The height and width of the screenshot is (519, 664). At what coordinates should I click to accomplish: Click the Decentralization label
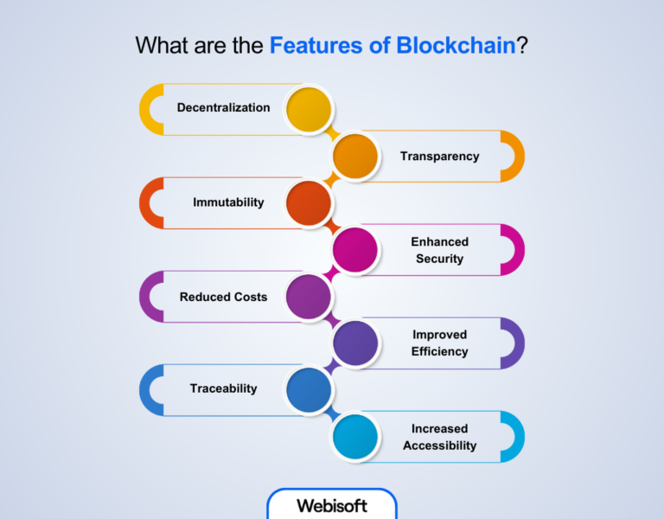click(223, 108)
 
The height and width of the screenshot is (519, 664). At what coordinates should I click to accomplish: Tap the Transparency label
click(439, 157)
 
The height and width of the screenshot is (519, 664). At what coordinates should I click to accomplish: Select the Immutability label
click(228, 202)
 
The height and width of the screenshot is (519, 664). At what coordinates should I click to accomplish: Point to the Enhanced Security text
click(439, 250)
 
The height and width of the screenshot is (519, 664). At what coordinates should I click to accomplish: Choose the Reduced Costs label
click(223, 297)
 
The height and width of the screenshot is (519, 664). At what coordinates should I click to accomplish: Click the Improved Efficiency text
click(440, 343)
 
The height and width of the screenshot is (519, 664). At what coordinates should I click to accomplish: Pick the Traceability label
click(223, 389)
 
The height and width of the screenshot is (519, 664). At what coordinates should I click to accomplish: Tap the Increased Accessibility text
click(439, 437)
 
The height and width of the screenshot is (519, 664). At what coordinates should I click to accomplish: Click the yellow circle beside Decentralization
click(309, 109)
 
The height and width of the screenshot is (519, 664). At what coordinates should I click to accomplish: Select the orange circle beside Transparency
click(355, 156)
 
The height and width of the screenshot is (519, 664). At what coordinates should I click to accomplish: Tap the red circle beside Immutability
click(309, 202)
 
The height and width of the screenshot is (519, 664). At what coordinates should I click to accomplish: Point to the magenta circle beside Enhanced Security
click(355, 249)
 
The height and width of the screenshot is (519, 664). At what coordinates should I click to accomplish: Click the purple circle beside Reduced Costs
click(309, 296)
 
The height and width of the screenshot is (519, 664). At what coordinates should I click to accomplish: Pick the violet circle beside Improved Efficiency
click(355, 343)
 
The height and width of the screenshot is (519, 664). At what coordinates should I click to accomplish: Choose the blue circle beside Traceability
click(309, 389)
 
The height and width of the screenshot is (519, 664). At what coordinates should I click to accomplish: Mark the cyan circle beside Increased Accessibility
click(355, 436)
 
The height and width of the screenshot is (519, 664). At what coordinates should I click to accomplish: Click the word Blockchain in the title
click(456, 46)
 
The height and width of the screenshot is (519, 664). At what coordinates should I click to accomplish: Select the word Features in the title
click(319, 46)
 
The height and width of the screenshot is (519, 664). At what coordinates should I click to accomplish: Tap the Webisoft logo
click(332, 505)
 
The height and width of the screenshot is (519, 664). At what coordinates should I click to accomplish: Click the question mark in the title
click(522, 46)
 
